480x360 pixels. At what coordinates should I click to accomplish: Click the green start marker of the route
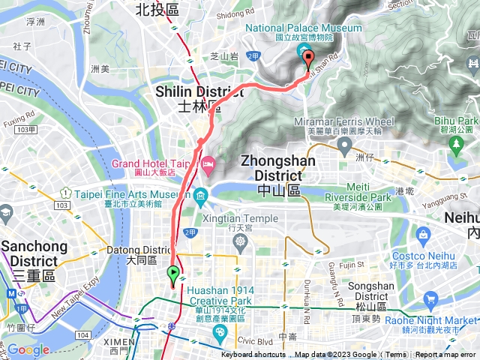click(174, 274)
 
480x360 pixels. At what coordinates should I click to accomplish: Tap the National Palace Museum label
click(304, 28)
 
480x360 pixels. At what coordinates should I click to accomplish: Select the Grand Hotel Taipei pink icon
click(208, 162)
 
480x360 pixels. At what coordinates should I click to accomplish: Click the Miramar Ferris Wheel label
click(350, 121)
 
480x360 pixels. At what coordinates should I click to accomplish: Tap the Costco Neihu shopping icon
click(423, 236)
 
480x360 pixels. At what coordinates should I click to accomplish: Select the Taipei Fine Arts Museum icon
click(200, 198)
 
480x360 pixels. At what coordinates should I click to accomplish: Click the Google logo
click(28, 349)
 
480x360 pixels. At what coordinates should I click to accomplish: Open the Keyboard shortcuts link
click(253, 355)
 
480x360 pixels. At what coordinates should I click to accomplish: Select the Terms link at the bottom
click(396, 355)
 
